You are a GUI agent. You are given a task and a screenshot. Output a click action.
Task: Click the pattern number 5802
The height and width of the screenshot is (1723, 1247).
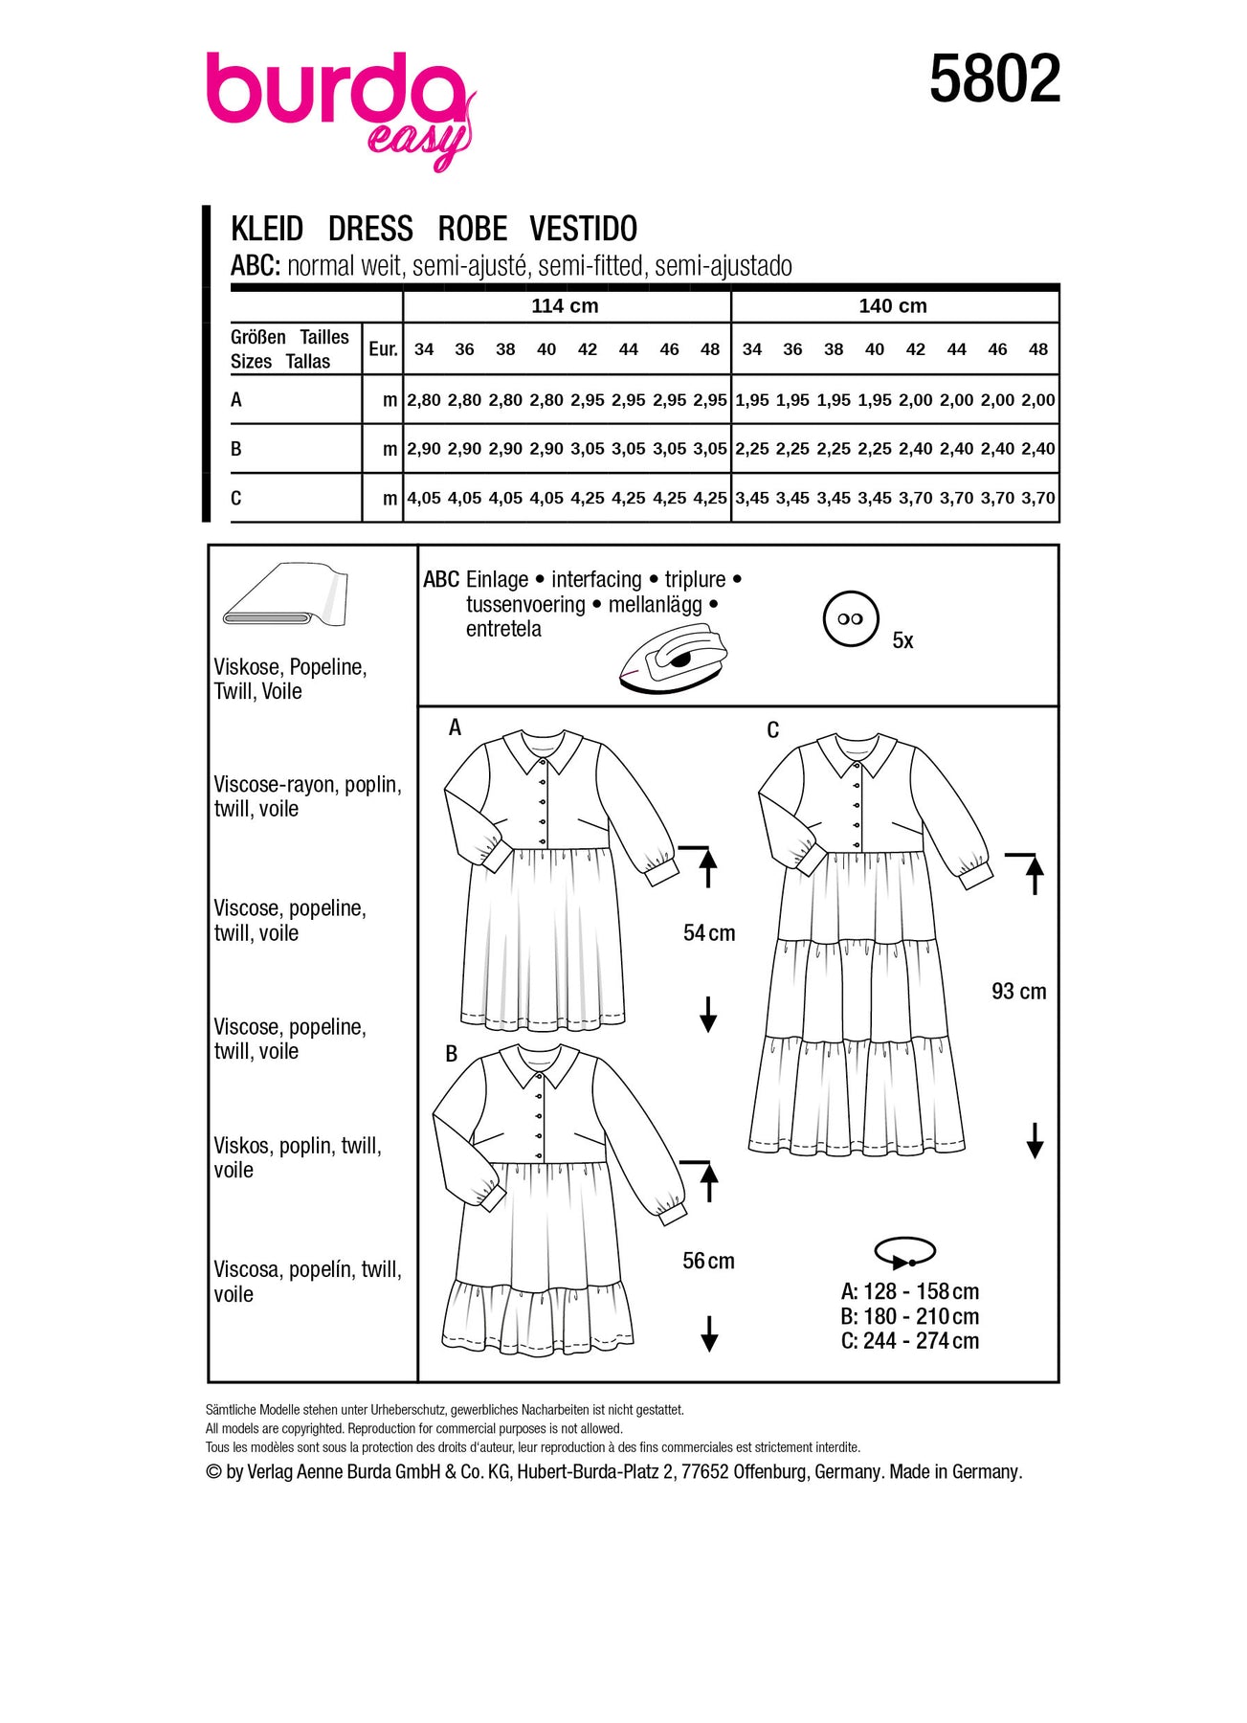[x=994, y=79]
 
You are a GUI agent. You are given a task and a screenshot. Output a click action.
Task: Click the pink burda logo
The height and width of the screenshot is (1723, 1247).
[x=340, y=105]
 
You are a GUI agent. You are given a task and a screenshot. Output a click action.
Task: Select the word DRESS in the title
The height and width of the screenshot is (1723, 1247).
[x=370, y=230]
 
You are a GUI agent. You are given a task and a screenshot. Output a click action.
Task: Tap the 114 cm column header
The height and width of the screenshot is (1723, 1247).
[x=565, y=306]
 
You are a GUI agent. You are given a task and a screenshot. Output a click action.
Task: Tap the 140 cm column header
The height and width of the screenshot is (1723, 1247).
[x=892, y=306]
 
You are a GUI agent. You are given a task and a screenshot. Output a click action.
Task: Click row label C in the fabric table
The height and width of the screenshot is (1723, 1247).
[x=236, y=499]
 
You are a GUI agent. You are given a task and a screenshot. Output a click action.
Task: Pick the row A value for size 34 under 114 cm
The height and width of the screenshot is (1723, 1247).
[x=424, y=400]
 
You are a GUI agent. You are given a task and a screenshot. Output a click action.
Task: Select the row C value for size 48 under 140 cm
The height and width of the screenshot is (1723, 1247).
[x=1038, y=499]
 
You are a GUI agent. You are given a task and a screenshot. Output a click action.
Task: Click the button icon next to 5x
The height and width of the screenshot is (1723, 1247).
[x=850, y=619]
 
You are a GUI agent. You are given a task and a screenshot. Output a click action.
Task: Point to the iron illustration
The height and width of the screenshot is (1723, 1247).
[x=674, y=658]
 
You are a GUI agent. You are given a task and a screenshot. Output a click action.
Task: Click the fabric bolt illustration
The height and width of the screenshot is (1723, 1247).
[x=285, y=595]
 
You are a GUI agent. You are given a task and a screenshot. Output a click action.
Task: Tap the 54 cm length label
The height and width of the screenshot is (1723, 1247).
[x=709, y=933]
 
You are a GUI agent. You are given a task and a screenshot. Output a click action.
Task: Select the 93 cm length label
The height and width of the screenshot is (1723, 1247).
[x=1018, y=992]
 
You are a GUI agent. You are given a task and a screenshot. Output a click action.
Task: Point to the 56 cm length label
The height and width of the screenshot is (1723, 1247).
[x=708, y=1262]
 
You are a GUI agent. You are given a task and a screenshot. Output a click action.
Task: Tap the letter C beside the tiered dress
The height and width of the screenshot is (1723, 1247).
[x=773, y=730]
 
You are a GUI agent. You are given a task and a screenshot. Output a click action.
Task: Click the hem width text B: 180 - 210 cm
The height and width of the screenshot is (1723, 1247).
[x=909, y=1317]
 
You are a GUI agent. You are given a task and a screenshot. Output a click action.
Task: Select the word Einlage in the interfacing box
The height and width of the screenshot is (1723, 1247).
[x=497, y=580]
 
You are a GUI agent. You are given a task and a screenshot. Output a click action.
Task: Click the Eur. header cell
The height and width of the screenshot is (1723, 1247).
[x=383, y=349]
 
